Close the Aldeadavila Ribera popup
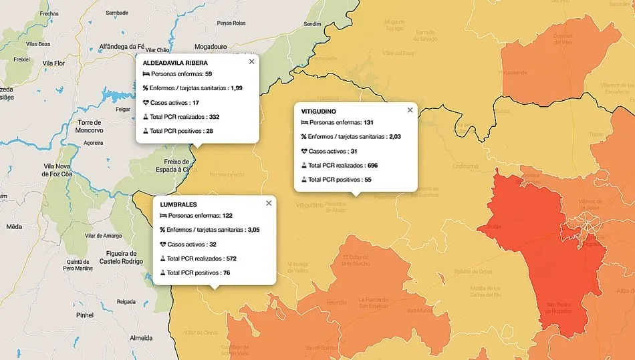pyautogui.click(x=251, y=61)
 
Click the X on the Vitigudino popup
pyautogui.click(x=410, y=110)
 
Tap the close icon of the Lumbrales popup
pyautogui.click(x=269, y=203)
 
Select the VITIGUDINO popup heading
pyautogui.click(x=319, y=111)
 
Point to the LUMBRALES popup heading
pyautogui.click(x=178, y=204)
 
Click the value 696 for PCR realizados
pyautogui.click(x=372, y=165)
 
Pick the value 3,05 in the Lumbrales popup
pyautogui.click(x=254, y=230)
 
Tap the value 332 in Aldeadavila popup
pyautogui.click(x=214, y=117)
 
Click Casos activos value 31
pyautogui.click(x=353, y=151)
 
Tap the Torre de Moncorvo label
pyautogui.click(x=89, y=126)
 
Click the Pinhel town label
pyautogui.click(x=85, y=314)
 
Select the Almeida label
pyautogui.click(x=140, y=338)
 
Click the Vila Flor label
pyautogui.click(x=53, y=63)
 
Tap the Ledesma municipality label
pyautogui.click(x=465, y=166)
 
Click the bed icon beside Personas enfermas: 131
pyautogui.click(x=304, y=123)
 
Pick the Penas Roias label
pyautogui.click(x=231, y=23)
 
